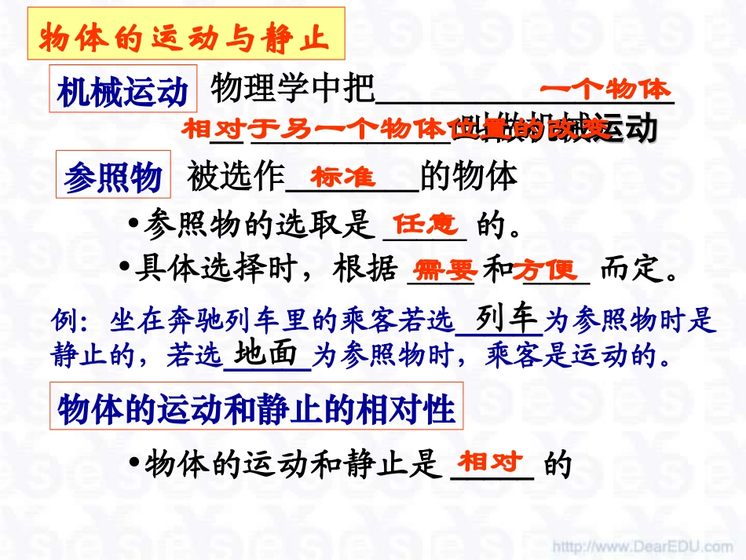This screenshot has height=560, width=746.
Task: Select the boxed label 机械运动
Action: point(123,91)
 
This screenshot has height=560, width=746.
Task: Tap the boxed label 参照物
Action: point(113,176)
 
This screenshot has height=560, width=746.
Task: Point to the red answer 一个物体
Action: point(605,90)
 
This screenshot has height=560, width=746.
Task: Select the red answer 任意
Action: point(425,225)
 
